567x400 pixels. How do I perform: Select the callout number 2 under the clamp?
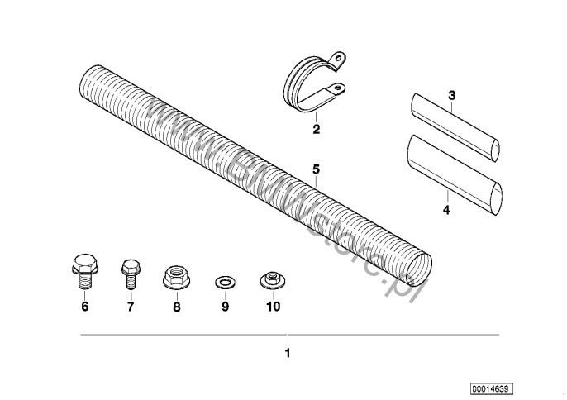click(x=315, y=129)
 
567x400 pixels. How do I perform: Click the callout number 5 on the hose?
click(x=315, y=169)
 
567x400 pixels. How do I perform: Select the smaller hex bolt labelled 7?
click(x=129, y=270)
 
